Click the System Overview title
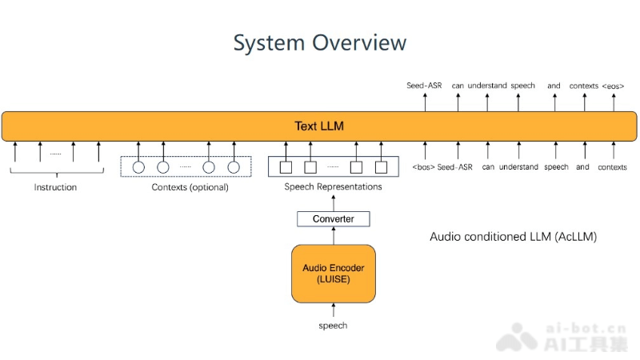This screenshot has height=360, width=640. click(319, 42)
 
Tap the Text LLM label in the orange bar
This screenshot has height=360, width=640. click(319, 126)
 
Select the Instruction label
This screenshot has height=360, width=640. click(55, 187)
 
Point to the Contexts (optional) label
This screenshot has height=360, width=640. click(190, 187)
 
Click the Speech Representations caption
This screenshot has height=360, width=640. click(333, 186)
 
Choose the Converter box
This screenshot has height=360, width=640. click(333, 218)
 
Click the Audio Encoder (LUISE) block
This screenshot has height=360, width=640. click(333, 273)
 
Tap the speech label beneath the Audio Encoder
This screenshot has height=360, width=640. click(333, 326)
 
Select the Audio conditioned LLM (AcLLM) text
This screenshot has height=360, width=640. click(513, 237)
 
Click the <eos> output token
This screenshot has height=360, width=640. click(613, 86)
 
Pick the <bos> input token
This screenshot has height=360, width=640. click(423, 167)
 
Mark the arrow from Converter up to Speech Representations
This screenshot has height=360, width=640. click(333, 202)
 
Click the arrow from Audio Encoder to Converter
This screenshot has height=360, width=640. click(333, 235)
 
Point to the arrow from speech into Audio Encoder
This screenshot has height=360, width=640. click(333, 311)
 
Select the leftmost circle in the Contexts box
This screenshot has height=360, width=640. click(138, 167)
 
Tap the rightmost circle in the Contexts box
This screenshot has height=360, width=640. click(234, 167)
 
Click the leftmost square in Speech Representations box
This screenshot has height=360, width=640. click(285, 167)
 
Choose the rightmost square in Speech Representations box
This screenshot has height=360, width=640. click(381, 167)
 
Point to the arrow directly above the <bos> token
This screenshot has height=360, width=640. click(425, 150)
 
